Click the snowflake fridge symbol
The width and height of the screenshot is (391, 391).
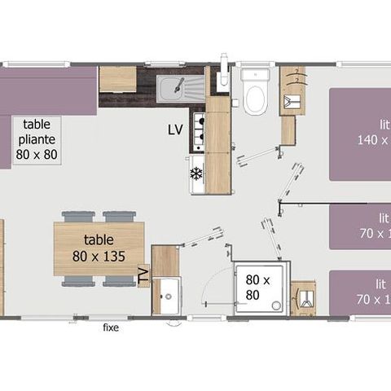tap(195, 173)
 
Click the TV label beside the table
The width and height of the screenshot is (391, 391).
tap(144, 276)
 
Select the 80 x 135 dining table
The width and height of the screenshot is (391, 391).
tap(99, 248)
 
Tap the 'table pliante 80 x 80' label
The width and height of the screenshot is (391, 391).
tap(37, 138)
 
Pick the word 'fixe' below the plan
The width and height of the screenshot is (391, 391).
tap(112, 327)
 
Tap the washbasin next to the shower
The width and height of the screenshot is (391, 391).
tap(304, 298)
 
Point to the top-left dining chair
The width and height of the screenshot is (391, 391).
tap(78, 217)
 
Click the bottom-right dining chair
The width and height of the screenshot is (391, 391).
tap(119, 281)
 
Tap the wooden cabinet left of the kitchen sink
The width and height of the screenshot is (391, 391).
tap(117, 80)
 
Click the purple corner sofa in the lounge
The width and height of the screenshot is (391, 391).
tap(45, 91)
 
